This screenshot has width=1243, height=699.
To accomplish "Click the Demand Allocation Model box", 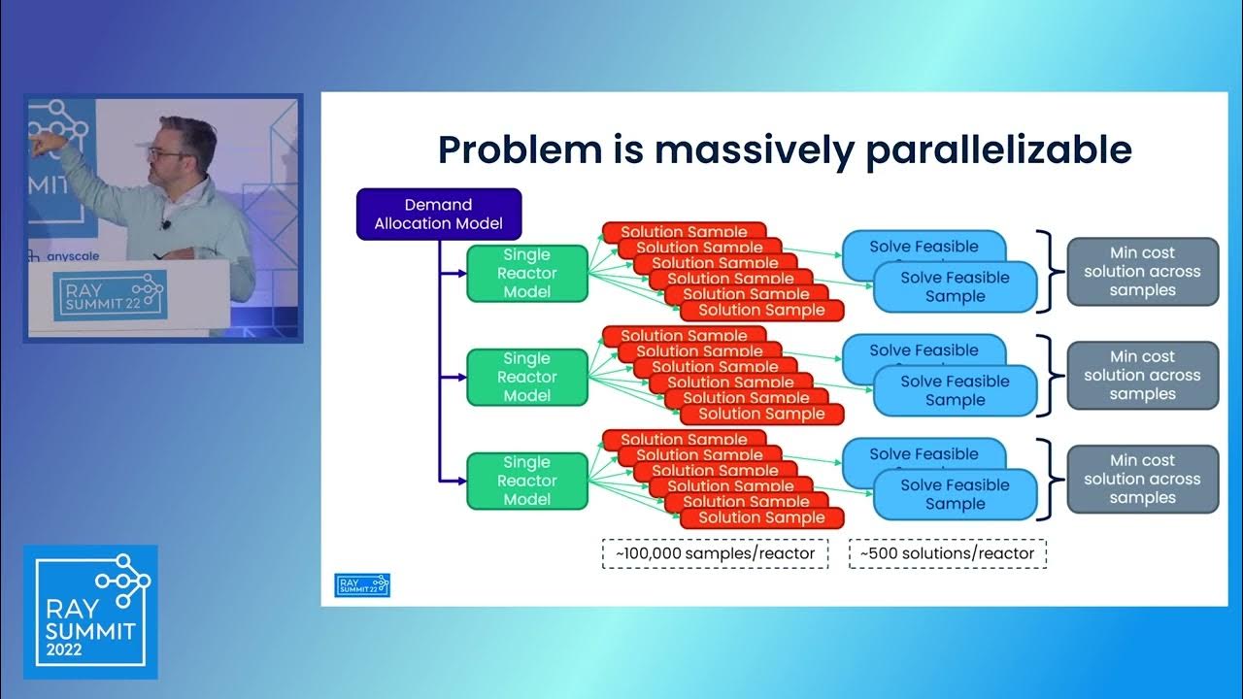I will (x=438, y=214).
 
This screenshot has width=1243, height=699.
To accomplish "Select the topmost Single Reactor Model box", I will (x=526, y=273).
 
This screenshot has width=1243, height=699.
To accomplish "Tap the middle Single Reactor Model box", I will (x=526, y=377).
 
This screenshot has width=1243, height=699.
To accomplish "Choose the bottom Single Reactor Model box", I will (x=526, y=481).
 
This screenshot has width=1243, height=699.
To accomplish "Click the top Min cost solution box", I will (x=1142, y=272).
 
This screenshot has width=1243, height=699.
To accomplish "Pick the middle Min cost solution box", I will (x=1142, y=376).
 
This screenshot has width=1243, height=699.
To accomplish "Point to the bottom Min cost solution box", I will (x=1142, y=480).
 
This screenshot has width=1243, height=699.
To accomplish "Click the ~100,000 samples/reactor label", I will (x=715, y=553).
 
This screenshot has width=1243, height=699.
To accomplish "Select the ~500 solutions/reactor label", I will (x=948, y=553).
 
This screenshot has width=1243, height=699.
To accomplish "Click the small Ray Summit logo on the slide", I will (x=362, y=584).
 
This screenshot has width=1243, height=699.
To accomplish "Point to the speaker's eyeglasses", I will (x=165, y=152).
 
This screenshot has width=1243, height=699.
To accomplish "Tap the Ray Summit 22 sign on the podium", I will (x=110, y=294).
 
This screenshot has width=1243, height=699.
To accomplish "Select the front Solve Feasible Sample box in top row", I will (x=955, y=286).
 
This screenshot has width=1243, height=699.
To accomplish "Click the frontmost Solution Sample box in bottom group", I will (x=761, y=517).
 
